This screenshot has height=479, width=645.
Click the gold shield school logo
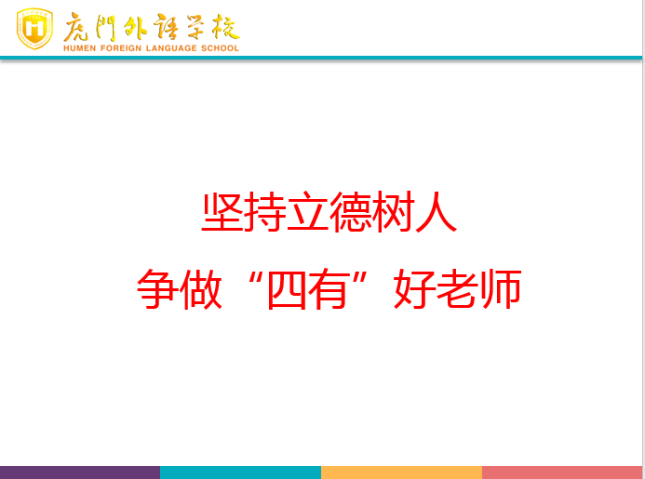tap(34, 29)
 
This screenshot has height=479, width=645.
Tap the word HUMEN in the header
tap(79, 48)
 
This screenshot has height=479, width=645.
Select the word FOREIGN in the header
tap(121, 48)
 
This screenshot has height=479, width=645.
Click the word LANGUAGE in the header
tap(171, 48)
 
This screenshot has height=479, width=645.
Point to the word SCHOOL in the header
tap(220, 48)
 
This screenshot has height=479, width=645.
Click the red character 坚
tap(222, 212)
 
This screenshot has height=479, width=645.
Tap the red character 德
tap(351, 212)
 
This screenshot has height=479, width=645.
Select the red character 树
tap(394, 212)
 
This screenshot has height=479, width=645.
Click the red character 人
tap(436, 212)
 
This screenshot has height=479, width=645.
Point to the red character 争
tap(158, 289)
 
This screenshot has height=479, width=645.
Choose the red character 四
tap(287, 290)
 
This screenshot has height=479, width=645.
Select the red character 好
tap(415, 289)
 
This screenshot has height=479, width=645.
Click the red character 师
tap(501, 289)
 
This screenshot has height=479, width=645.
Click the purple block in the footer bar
tap(80, 472)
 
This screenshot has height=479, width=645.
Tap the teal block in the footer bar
tap(241, 472)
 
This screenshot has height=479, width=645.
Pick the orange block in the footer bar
tap(401, 472)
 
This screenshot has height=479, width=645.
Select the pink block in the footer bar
tap(562, 472)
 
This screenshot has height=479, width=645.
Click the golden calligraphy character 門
tap(105, 28)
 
